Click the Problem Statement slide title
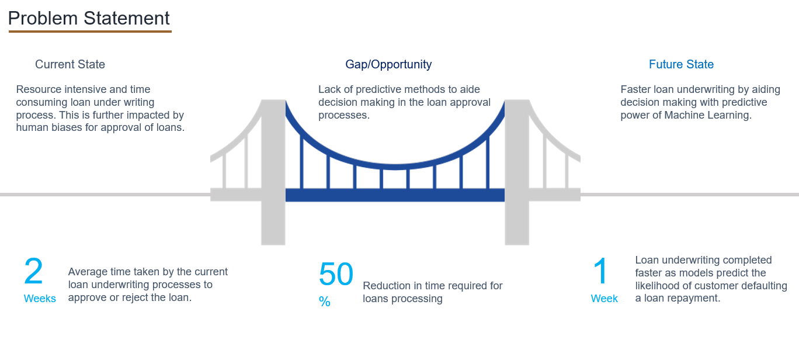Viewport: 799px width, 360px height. click(89, 18)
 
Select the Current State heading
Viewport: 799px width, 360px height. click(70, 64)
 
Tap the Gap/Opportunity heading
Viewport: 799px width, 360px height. click(388, 65)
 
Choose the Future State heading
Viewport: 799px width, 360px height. click(681, 64)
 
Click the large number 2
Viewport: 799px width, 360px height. click(33, 271)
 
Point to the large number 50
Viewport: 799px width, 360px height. click(336, 274)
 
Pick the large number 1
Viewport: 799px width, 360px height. click(600, 271)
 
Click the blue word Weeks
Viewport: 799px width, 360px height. click(40, 299)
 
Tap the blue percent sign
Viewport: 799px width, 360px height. click(325, 302)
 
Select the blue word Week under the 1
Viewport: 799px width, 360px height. click(605, 299)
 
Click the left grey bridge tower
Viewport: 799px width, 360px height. click(273, 172)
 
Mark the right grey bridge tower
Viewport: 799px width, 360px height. click(517, 172)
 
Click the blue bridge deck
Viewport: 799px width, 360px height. click(395, 195)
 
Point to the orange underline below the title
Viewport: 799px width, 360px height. click(91, 32)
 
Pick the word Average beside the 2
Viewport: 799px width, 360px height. click(88, 272)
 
